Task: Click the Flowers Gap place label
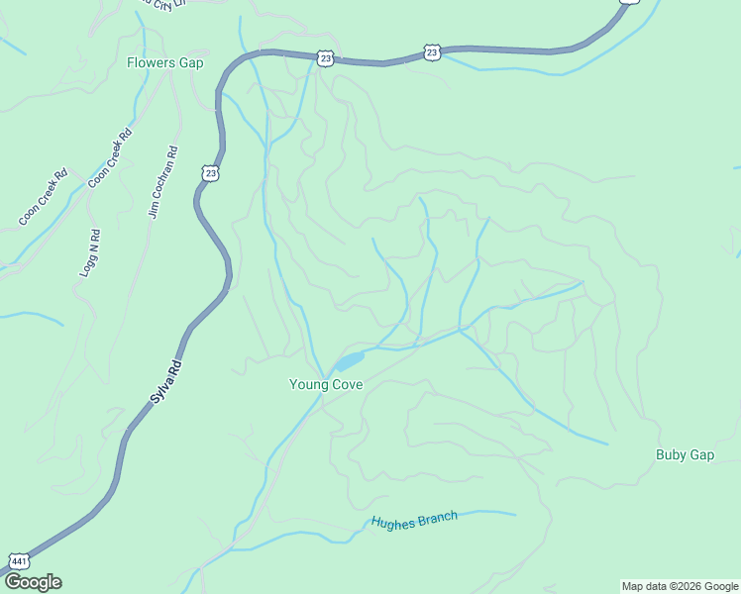pyautogui.click(x=164, y=62)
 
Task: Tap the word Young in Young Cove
pyautogui.click(x=306, y=384)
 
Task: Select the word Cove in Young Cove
pyautogui.click(x=346, y=384)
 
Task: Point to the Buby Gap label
pyautogui.click(x=685, y=455)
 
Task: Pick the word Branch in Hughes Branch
pyautogui.click(x=438, y=517)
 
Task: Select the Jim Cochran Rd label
pyautogui.click(x=162, y=182)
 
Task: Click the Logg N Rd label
pyautogui.click(x=89, y=252)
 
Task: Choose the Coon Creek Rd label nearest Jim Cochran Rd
pyautogui.click(x=110, y=158)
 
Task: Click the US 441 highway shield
pyautogui.click(x=17, y=560)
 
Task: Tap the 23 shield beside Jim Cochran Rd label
pyautogui.click(x=210, y=173)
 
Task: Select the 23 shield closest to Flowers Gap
pyautogui.click(x=326, y=59)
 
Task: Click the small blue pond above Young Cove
pyautogui.click(x=352, y=359)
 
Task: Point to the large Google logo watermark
pyautogui.click(x=33, y=582)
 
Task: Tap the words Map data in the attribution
pyautogui.click(x=643, y=586)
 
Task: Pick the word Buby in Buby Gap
pyautogui.click(x=671, y=455)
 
